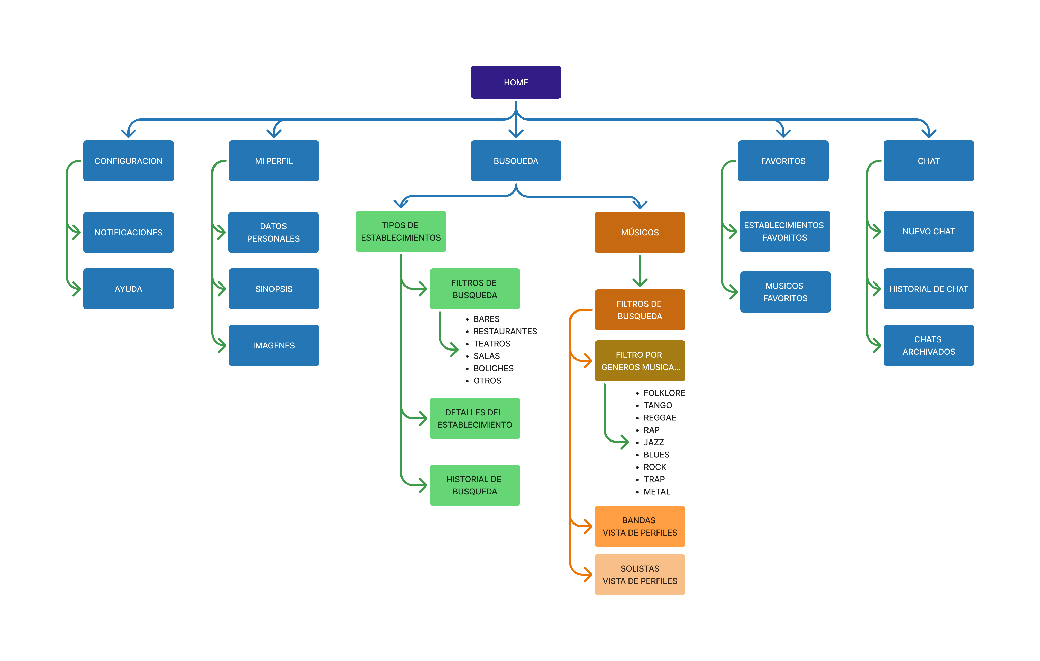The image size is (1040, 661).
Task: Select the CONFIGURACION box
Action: coord(128,161)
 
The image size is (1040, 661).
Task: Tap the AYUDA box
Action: coord(128,289)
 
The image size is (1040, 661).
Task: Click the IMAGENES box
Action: coord(273,345)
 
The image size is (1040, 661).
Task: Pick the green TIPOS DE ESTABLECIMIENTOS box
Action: coord(400,231)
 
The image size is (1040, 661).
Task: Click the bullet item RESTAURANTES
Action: coord(505,331)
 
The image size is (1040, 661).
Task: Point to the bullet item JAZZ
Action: coord(653,442)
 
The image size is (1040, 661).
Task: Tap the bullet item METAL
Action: coord(656,491)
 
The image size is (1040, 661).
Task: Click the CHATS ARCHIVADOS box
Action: coord(928,345)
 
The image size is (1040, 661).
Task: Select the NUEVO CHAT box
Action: coord(928,231)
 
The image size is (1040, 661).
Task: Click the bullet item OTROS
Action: coord(487,380)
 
